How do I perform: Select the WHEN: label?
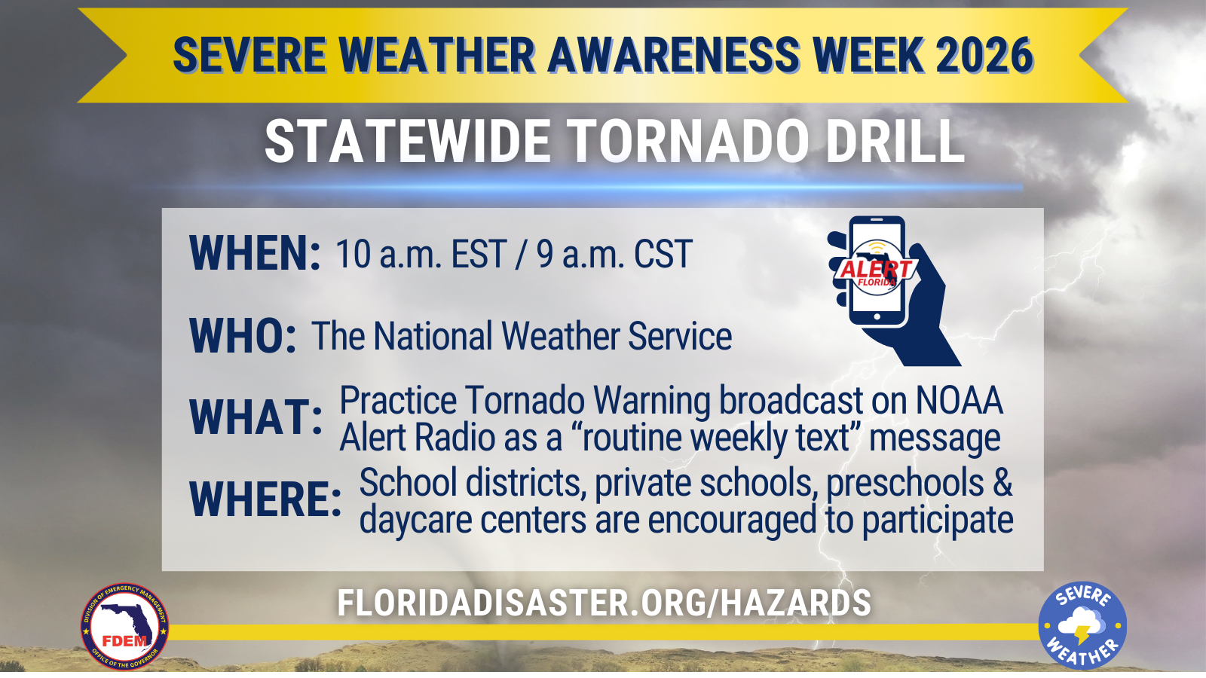pos(255,252)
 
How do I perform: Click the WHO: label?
pos(242,336)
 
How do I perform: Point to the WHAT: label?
pos(256,417)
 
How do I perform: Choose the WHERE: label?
pos(265,499)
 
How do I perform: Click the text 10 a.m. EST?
pos(421,254)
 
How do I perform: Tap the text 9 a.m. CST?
pos(614,254)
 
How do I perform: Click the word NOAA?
pos(960,401)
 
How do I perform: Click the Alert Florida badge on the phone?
pos(876,268)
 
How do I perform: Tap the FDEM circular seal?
pos(125,627)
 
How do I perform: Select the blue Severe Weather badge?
pos(1082,625)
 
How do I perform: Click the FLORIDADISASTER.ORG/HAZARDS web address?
pos(604,603)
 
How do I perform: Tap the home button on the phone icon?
pos(877,317)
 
